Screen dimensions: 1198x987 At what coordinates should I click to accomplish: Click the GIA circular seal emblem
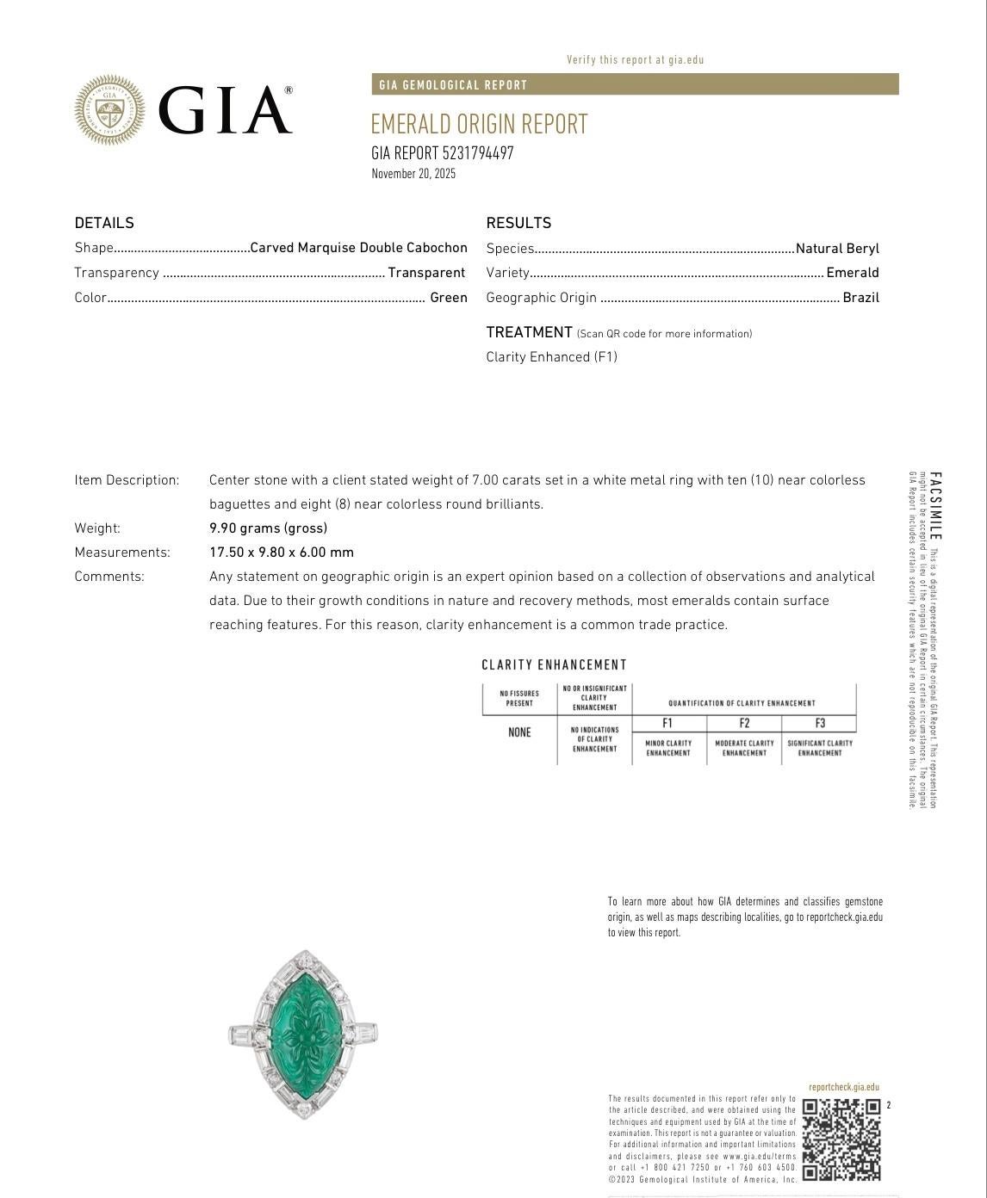109,109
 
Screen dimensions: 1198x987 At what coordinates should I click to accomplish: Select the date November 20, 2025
413,174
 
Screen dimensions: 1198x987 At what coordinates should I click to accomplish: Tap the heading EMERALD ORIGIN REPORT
479,124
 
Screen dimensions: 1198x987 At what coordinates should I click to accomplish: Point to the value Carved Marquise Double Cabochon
358,248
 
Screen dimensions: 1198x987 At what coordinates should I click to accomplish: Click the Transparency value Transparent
426,273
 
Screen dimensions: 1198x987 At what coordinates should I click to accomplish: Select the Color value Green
449,298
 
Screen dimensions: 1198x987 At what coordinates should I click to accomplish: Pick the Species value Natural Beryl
837,249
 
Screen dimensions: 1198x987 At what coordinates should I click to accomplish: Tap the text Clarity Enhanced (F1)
551,357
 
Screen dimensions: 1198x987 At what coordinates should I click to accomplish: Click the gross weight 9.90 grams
268,528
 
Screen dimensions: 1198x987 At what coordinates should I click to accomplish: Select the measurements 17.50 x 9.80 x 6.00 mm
281,553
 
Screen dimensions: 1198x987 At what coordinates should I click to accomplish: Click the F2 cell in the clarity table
744,724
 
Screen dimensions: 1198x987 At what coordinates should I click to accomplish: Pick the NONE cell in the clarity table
519,732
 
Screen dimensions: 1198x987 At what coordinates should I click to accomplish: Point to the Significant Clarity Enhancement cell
820,748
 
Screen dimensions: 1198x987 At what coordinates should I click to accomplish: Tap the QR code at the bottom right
841,1139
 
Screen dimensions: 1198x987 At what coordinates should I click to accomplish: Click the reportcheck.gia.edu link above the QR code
844,1088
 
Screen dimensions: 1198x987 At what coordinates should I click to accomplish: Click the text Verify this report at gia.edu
635,60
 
